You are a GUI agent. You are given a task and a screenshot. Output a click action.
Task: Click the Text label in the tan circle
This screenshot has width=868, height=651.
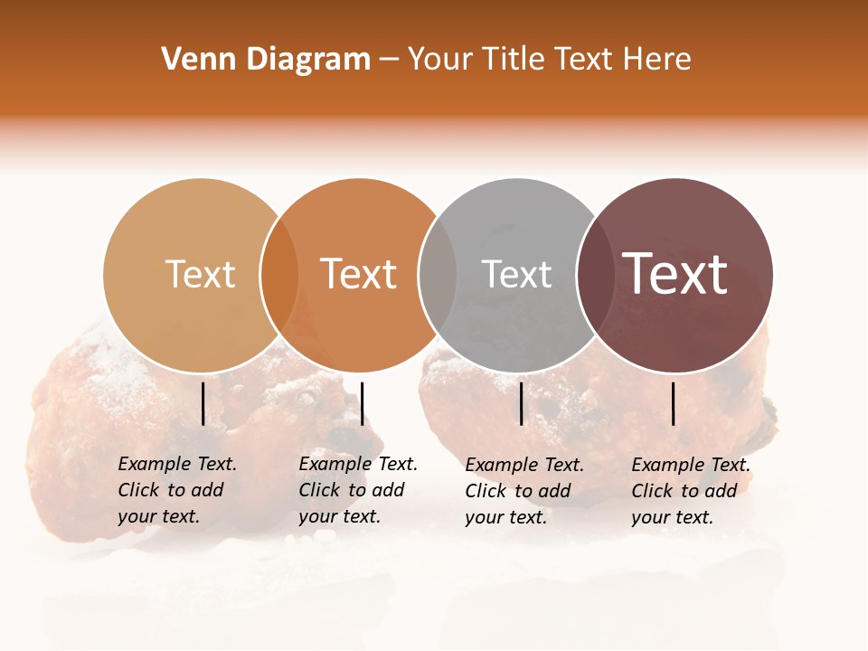[x=200, y=274]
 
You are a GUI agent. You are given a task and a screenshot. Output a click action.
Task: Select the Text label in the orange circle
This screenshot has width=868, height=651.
[x=359, y=274]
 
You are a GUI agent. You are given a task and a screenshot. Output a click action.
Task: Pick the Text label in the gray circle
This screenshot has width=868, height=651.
[x=517, y=274]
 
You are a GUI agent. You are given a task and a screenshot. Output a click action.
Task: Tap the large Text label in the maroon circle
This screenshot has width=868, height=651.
[x=675, y=273]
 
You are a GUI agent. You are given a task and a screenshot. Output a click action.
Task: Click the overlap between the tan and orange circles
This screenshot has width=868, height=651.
[x=278, y=275]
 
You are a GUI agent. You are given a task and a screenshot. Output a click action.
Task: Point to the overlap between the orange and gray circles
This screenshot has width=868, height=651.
[x=438, y=275]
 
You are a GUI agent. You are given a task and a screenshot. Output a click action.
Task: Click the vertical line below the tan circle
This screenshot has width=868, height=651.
[x=203, y=403]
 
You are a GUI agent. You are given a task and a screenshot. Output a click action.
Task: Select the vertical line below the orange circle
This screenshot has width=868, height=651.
[x=362, y=403]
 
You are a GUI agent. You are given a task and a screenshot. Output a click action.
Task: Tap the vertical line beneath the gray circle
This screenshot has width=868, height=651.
[x=521, y=403]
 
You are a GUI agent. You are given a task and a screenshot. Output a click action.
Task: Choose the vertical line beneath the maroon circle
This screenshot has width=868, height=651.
[x=673, y=403]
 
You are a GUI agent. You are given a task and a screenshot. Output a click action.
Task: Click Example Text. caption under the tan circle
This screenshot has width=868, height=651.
[x=177, y=464]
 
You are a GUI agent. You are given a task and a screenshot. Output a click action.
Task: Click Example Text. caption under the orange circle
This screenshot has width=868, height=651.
[x=358, y=464]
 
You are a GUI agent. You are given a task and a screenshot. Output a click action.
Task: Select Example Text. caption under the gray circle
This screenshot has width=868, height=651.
[x=524, y=465]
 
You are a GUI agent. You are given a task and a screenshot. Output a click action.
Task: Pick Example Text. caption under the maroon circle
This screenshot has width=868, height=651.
[x=691, y=465]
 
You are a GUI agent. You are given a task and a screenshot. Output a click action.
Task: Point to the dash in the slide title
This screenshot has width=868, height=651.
[x=389, y=60]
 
